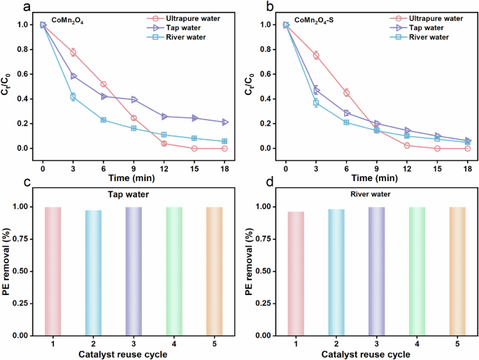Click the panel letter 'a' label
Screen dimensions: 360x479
point(7,7)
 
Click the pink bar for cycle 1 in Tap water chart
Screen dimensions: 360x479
point(53,271)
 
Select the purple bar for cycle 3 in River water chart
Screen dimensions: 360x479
point(377,271)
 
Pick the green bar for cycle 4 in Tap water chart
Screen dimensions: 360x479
point(174,271)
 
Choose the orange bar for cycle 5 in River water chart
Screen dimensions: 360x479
point(457,271)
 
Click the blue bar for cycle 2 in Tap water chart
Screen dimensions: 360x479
point(94,273)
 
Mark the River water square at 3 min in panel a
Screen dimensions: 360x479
point(73,96)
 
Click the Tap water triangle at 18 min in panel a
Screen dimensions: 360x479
point(224,122)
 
